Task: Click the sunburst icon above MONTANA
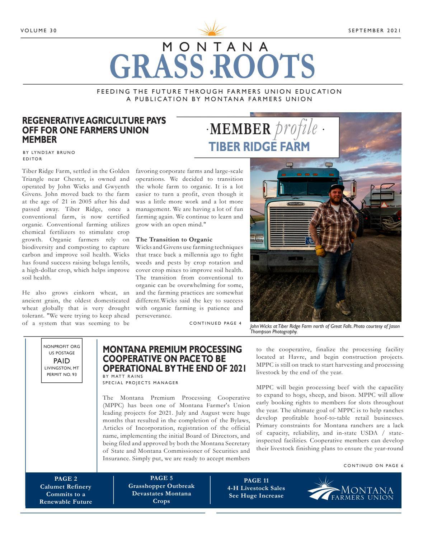(x=212, y=29)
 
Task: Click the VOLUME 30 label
(x=39, y=30)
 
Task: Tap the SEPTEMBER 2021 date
(x=374, y=30)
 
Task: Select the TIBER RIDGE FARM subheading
(x=259, y=147)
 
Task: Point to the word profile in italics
(x=296, y=129)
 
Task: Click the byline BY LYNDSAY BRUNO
(x=49, y=152)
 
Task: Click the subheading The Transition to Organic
(x=174, y=240)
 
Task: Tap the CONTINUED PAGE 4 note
(x=215, y=323)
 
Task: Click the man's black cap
(x=337, y=188)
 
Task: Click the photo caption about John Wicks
(x=325, y=329)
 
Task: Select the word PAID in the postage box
(x=62, y=361)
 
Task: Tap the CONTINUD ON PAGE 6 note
(x=373, y=466)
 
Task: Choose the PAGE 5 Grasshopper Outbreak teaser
(x=161, y=490)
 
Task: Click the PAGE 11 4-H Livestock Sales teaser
(x=256, y=488)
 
